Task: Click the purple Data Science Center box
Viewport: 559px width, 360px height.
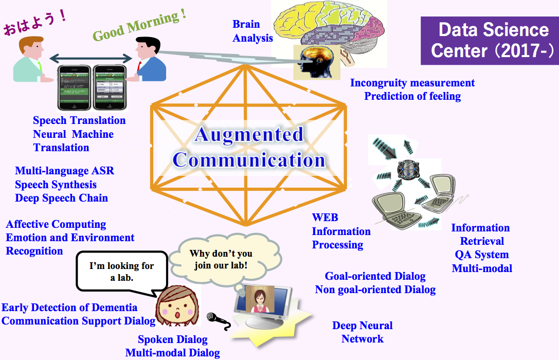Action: (x=489, y=40)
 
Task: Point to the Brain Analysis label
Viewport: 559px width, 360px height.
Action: (x=253, y=31)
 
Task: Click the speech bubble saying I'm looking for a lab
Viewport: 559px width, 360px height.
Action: (x=122, y=271)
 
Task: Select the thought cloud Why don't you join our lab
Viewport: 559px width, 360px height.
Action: (x=221, y=259)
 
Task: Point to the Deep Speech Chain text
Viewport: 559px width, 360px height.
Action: (x=61, y=198)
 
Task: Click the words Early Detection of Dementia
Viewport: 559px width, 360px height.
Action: (x=69, y=308)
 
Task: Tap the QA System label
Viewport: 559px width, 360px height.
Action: (x=481, y=255)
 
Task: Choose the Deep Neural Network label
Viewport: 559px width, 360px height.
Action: (x=362, y=332)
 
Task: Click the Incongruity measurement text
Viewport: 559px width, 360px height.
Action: (x=412, y=83)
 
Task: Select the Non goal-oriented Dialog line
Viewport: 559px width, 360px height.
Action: (x=375, y=289)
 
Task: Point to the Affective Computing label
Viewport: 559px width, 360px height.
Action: (x=56, y=224)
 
